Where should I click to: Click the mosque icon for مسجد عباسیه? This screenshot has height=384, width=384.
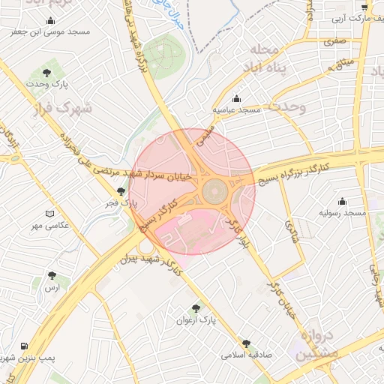[237, 98]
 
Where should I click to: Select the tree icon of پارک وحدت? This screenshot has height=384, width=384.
[47, 73]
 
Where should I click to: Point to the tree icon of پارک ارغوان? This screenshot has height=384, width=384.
[196, 307]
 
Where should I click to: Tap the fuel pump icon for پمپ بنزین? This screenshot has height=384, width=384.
[25, 346]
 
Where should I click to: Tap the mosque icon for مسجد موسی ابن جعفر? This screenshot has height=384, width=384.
[50, 20]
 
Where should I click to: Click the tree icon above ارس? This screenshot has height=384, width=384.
[51, 275]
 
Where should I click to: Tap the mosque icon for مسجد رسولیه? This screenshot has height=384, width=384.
[343, 201]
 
